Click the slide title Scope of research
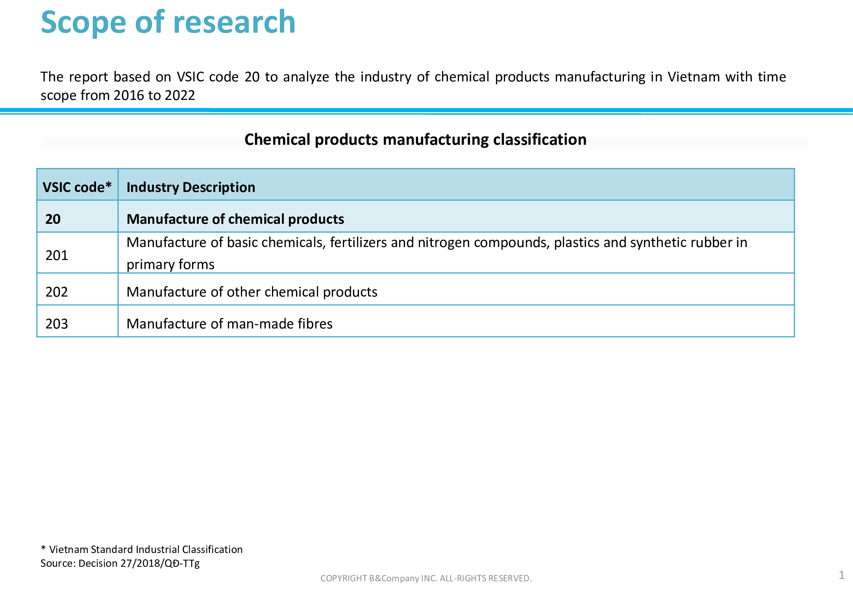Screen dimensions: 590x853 click(168, 22)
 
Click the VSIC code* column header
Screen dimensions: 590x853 click(77, 187)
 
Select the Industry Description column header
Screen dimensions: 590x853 click(191, 187)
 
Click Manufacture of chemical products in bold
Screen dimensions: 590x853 click(235, 219)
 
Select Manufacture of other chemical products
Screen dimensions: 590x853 click(252, 292)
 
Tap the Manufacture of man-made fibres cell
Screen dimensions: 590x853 click(229, 324)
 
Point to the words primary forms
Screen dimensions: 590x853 click(170, 264)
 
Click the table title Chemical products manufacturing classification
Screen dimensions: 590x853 click(415, 140)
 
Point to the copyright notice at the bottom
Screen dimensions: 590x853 click(426, 578)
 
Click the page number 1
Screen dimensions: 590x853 click(842, 575)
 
